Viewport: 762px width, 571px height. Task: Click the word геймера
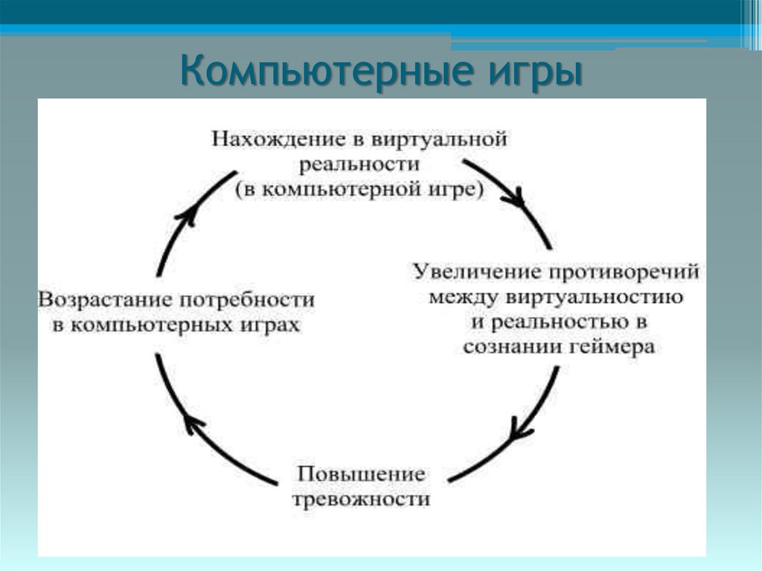(613, 347)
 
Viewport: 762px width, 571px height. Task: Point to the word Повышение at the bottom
(362, 473)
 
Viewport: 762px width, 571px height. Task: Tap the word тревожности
(362, 498)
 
